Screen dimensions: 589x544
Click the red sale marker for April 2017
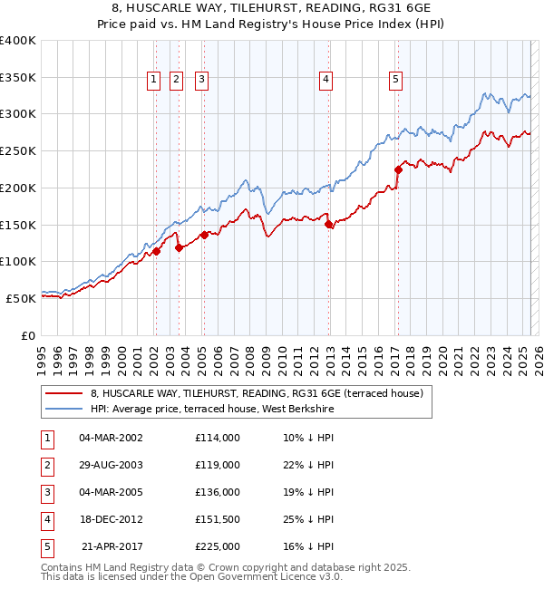coord(398,169)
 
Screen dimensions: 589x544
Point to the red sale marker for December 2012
coord(328,224)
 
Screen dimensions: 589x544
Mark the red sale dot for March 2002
coord(156,251)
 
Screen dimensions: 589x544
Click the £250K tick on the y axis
coord(18,150)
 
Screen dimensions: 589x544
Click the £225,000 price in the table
coord(217,546)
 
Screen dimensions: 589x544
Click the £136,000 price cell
coord(217,492)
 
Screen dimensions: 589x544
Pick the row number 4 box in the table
coord(46,519)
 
